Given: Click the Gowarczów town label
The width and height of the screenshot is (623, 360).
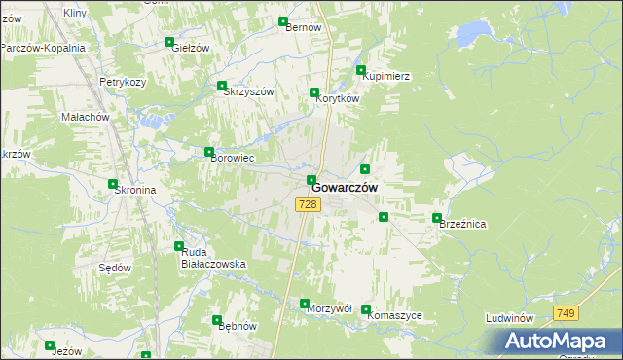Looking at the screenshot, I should [x=345, y=187].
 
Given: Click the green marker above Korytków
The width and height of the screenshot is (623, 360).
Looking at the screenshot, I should [x=314, y=92].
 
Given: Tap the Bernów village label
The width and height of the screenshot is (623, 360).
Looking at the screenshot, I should [x=303, y=27].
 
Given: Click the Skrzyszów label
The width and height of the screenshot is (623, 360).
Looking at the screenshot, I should [x=249, y=91].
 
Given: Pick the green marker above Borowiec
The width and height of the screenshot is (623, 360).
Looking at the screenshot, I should [x=209, y=152].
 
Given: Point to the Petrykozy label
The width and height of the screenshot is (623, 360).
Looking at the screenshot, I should [x=123, y=82].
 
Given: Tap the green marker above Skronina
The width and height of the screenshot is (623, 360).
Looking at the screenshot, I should [x=114, y=184].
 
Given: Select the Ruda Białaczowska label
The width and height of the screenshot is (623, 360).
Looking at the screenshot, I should [x=213, y=258].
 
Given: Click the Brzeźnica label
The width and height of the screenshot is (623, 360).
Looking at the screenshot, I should [x=462, y=224].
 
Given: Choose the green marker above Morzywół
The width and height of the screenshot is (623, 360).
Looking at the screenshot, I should [x=305, y=303].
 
